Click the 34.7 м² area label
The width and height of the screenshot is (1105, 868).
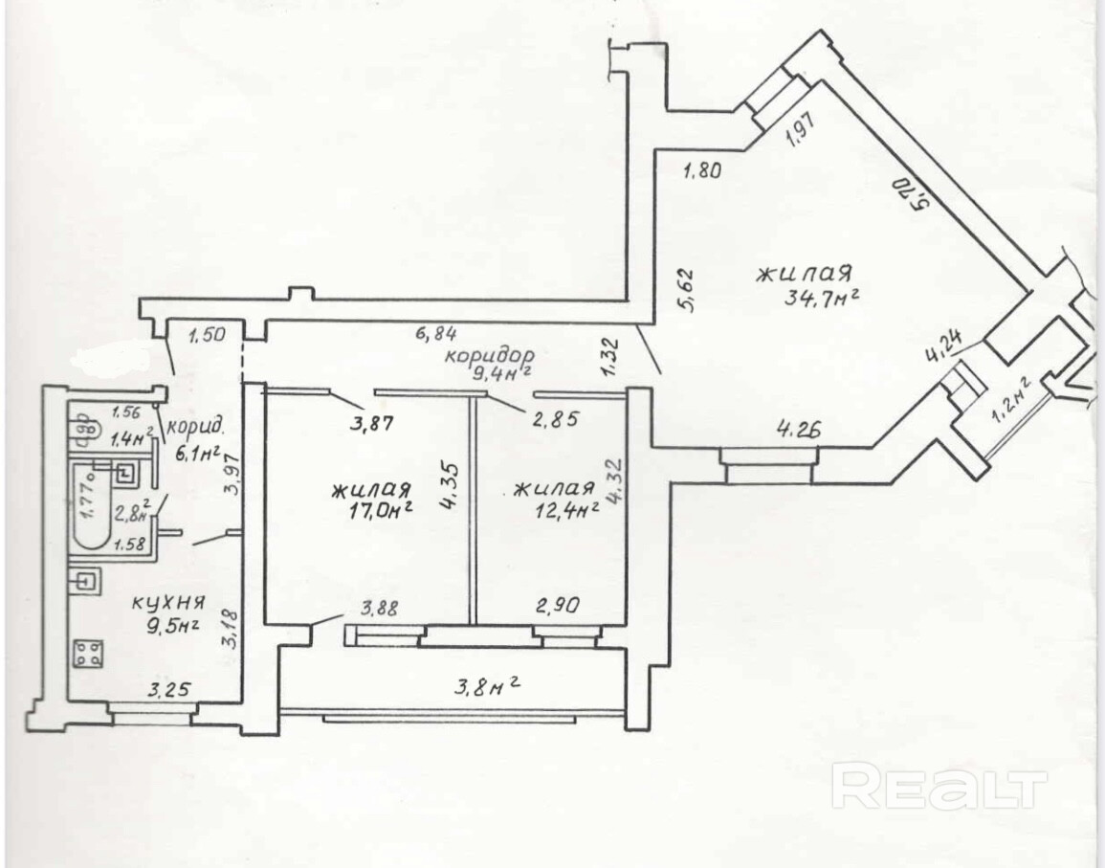[x=819, y=295]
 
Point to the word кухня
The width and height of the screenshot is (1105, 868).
[x=168, y=603]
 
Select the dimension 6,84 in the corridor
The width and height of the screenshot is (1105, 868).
[x=436, y=334]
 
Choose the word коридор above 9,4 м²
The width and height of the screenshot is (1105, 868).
[x=488, y=354]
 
